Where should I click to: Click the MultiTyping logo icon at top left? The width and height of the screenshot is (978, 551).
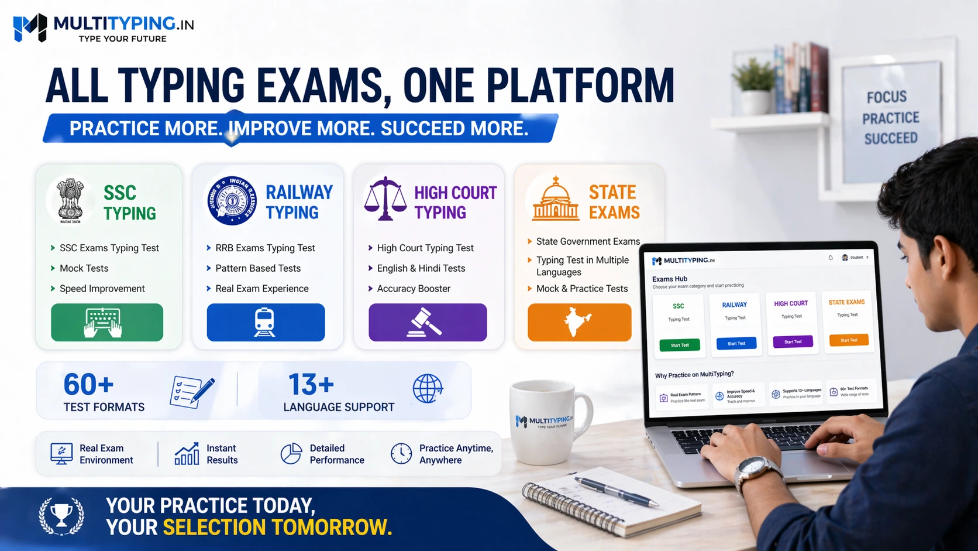[x=30, y=27]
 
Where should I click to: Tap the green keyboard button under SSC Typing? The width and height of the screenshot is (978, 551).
[x=107, y=322]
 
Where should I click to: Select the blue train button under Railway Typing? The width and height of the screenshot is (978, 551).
[x=266, y=322]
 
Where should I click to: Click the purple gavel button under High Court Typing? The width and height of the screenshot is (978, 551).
[x=428, y=322]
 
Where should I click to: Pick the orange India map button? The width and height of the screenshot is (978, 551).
[x=579, y=322]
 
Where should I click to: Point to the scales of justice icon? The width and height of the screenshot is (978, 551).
[x=385, y=199]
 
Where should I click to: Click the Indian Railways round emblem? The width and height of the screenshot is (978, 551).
[x=232, y=200]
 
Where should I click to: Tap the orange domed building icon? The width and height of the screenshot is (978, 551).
[x=556, y=200]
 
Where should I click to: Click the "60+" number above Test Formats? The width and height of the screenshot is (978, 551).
[x=88, y=385]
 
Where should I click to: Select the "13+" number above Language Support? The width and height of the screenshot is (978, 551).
[x=311, y=385]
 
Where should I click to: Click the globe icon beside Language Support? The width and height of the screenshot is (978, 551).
[x=428, y=388]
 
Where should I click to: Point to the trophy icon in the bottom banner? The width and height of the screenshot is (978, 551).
[x=61, y=516]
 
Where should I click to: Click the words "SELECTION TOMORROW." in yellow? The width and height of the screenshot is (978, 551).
[x=277, y=528]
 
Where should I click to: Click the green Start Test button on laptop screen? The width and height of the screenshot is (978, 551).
[x=680, y=345]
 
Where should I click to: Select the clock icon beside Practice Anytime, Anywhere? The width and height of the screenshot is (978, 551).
[x=401, y=454]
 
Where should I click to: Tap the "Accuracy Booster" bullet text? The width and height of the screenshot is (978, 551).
[x=414, y=289]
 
